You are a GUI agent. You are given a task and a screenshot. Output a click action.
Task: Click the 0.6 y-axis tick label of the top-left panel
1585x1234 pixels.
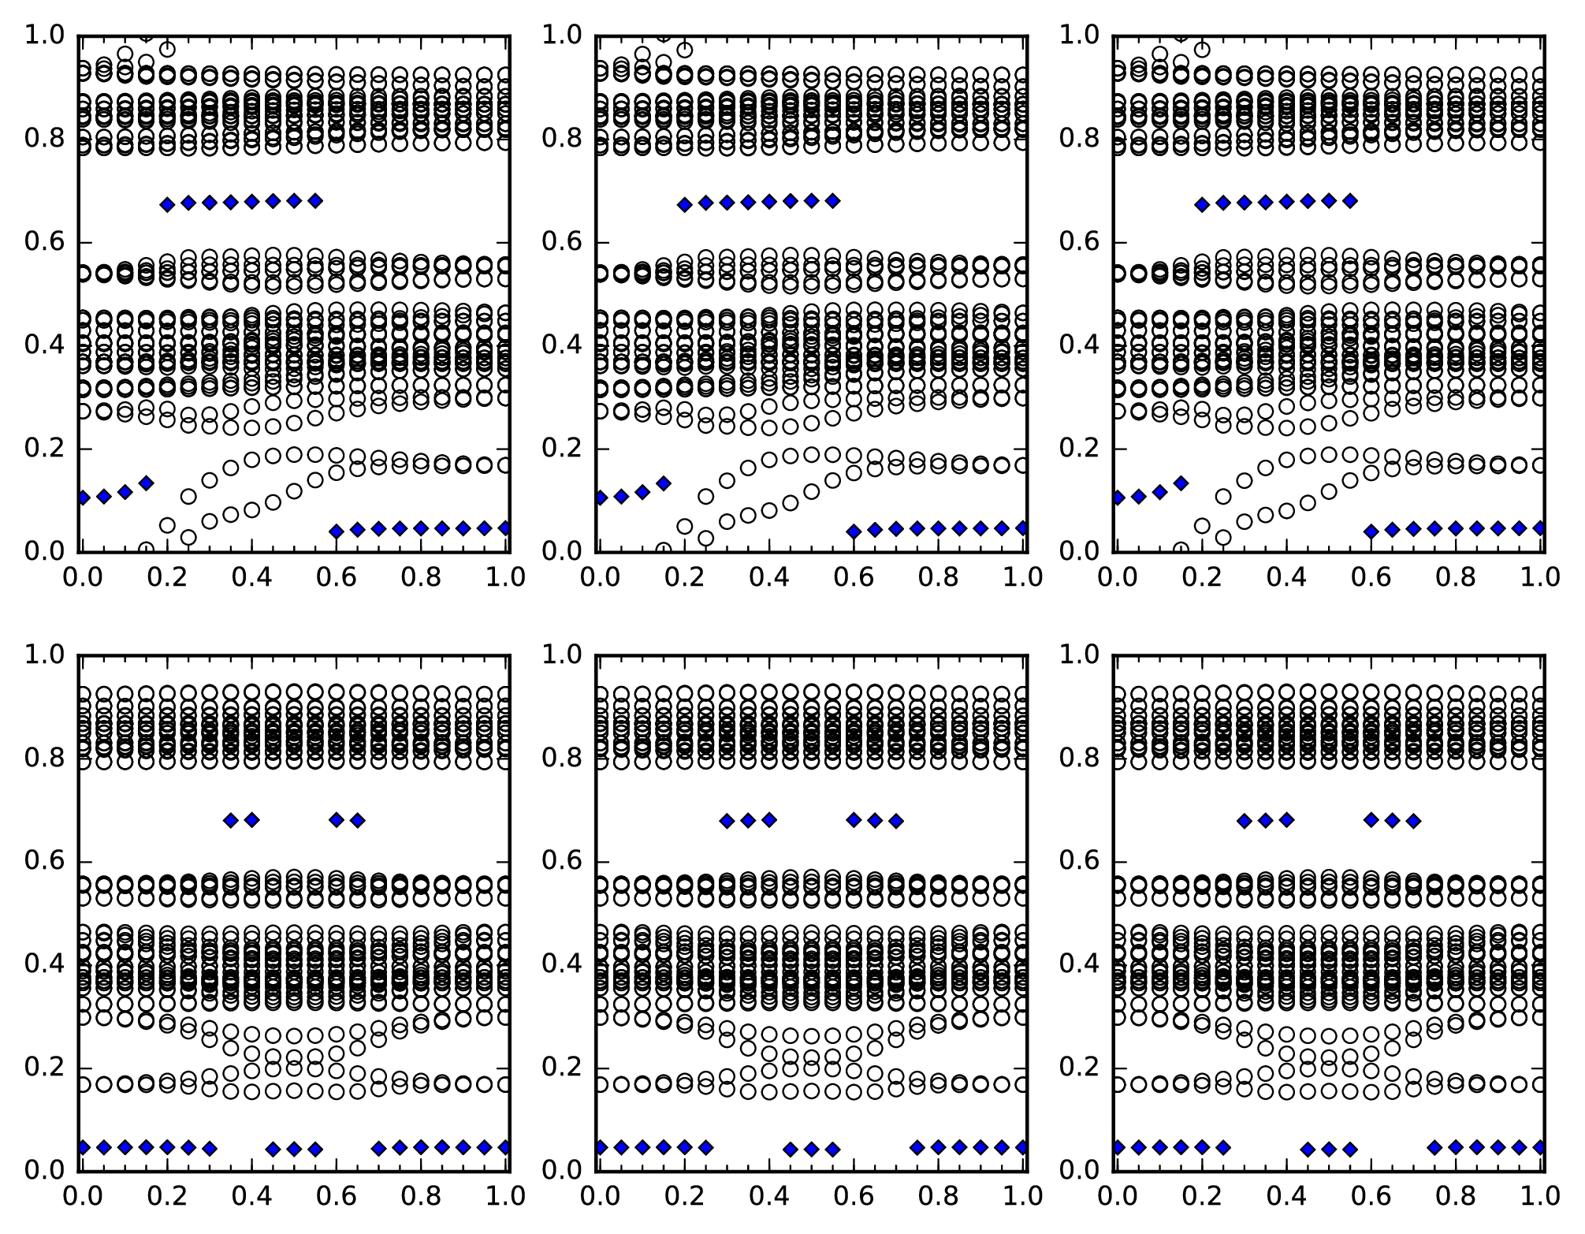[46, 242]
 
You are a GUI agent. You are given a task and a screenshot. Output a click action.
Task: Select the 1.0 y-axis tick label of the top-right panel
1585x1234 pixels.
[1080, 35]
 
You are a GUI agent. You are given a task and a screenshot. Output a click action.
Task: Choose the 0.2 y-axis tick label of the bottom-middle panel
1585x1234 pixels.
[563, 1068]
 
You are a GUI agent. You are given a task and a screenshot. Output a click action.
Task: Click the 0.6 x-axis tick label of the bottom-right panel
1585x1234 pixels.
[1371, 1196]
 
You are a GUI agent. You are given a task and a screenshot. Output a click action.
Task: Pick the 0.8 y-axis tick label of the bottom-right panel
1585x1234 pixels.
[1080, 758]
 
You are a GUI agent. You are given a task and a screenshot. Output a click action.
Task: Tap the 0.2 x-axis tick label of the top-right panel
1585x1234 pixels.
[1201, 577]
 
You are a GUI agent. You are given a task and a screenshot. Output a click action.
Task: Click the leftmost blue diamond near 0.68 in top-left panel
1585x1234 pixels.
[167, 205]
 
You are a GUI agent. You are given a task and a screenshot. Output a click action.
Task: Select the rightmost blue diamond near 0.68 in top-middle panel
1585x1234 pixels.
[832, 201]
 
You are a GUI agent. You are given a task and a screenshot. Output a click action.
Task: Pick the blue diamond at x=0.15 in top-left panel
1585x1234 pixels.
[146, 483]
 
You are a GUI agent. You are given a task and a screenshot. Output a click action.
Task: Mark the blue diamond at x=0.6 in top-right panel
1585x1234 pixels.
[1371, 531]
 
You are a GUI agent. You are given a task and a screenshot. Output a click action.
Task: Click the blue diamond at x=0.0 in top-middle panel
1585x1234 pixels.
[601, 498]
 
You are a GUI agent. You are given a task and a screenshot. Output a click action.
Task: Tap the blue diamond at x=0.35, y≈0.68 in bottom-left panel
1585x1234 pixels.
[231, 820]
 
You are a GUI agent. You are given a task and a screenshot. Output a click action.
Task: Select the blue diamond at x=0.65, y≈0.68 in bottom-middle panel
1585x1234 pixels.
[875, 820]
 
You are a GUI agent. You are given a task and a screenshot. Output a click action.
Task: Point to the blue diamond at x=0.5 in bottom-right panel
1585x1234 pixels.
[1329, 1149]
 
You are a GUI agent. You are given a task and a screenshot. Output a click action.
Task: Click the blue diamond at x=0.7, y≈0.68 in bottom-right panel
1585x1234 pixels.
[1414, 821]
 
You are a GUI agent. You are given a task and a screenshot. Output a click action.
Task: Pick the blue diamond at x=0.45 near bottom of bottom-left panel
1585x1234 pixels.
[273, 1149]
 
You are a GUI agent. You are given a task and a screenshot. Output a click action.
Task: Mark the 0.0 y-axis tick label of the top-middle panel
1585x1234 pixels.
[563, 551]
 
